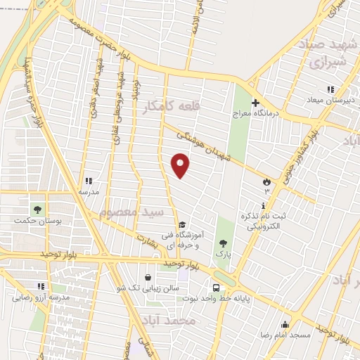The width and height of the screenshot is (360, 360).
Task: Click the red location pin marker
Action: point(181,165)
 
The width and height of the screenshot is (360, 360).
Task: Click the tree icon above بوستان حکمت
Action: point(37,209)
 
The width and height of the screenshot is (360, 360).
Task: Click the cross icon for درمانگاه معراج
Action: point(257,102)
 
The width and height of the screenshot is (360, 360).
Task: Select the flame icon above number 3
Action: point(266,181)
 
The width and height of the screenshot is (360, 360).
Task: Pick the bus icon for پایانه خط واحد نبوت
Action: point(216,288)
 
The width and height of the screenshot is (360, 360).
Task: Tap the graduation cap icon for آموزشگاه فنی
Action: point(182,224)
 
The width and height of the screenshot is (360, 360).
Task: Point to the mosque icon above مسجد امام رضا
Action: point(285,324)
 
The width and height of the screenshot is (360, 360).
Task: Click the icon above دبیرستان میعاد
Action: point(330,89)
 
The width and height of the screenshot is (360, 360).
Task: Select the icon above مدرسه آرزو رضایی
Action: point(40,286)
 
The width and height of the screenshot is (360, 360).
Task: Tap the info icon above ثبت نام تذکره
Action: point(264,205)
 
